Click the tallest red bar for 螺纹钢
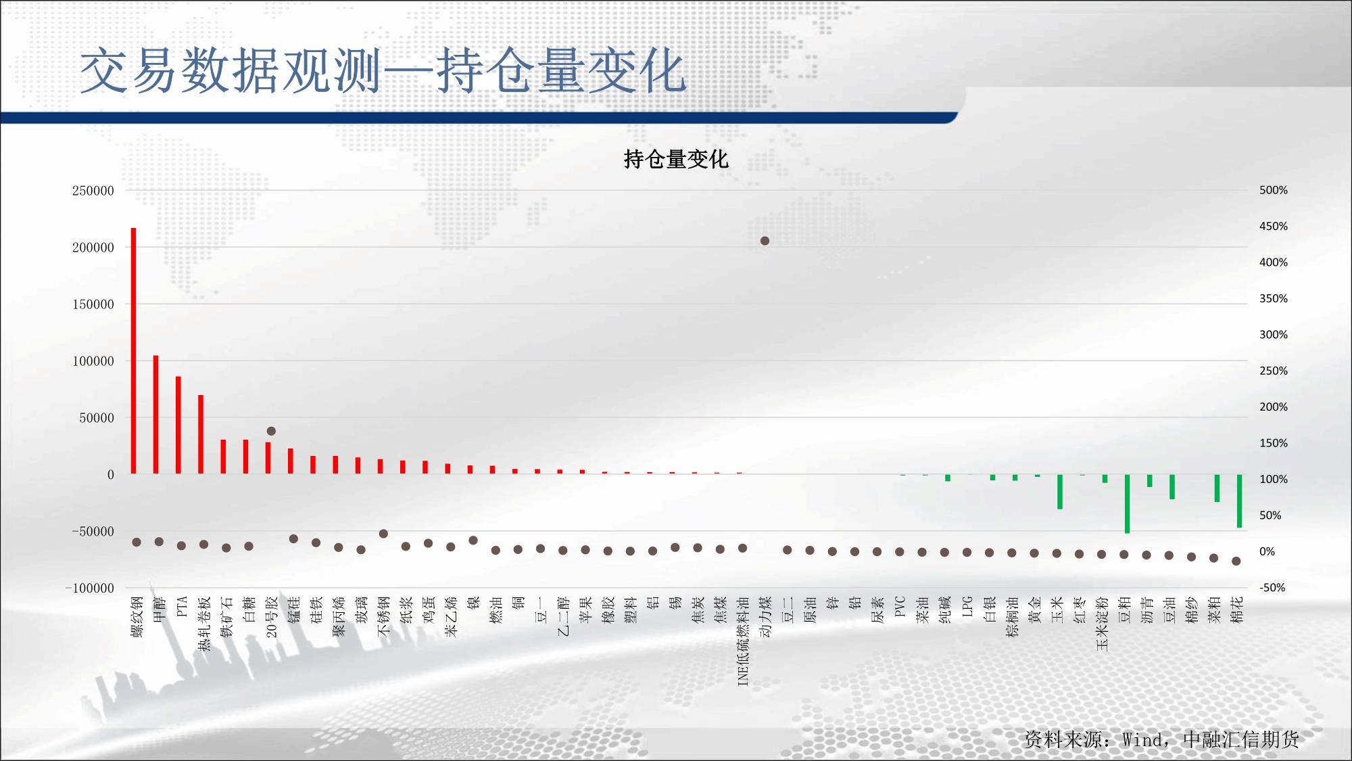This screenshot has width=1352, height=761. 133,350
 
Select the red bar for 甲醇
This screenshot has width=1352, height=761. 155,414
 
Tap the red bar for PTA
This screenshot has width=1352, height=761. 178,425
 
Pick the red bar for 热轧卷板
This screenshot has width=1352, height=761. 201,434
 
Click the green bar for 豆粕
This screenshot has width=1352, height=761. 1127,504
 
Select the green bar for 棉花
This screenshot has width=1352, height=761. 1239,501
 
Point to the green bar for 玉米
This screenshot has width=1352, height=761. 1060,492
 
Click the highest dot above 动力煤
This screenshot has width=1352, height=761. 765,241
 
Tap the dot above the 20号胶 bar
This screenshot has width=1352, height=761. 271,431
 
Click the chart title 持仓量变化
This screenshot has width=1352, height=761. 676,160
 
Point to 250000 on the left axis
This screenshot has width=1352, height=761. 93,191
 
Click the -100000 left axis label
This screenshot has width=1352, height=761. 90,589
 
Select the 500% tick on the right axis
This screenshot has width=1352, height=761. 1274,190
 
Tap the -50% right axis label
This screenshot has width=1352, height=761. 1272,588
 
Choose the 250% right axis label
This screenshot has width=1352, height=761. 1274,371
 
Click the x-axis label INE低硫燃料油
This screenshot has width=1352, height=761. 743,641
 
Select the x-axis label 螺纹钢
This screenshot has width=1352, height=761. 137,617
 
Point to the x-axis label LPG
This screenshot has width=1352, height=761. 967,607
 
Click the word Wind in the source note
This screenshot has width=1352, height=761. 1141,740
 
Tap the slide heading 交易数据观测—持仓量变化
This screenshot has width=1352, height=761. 383,70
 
